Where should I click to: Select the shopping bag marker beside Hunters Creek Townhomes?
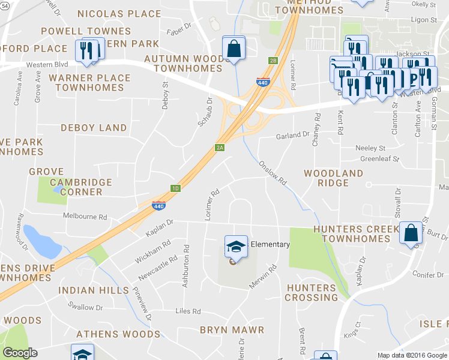tap(411, 234)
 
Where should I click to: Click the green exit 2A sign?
tap(220, 148)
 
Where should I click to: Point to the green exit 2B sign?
tap(273, 61)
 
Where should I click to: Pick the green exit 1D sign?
tap(175, 188)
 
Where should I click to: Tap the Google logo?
tap(20, 353)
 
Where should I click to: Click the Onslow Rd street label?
tap(273, 173)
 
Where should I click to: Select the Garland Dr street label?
tap(292, 136)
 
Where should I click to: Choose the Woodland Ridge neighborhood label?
tap(334, 178)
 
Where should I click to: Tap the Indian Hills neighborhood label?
tap(93, 290)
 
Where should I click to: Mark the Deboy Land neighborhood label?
tap(94, 128)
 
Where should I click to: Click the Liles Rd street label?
tap(188, 311)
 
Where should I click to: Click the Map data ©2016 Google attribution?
tap(412, 355)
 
